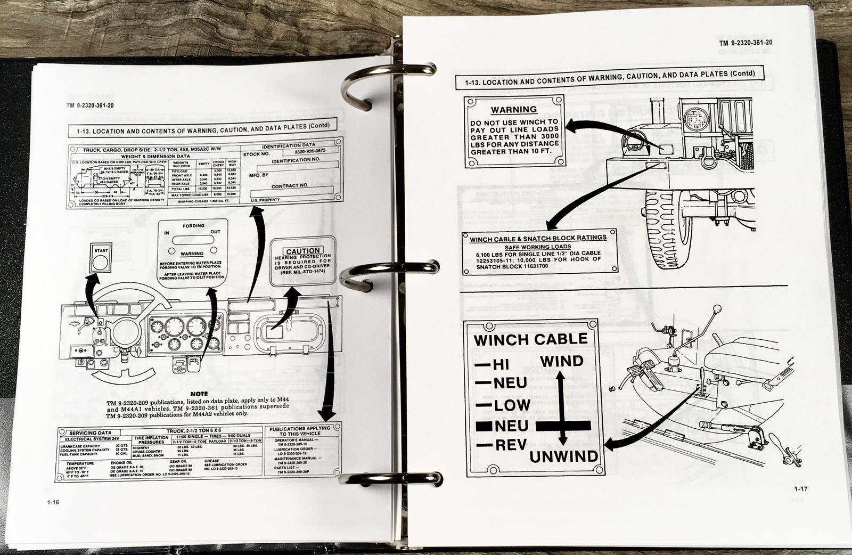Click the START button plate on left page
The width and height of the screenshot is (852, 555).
101,258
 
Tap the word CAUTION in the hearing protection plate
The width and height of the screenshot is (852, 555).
303,251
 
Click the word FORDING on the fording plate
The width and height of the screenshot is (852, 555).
193,226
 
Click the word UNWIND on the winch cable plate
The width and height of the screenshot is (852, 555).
563,456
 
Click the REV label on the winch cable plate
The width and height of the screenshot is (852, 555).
510,445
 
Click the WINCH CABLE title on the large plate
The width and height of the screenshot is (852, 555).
530,339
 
